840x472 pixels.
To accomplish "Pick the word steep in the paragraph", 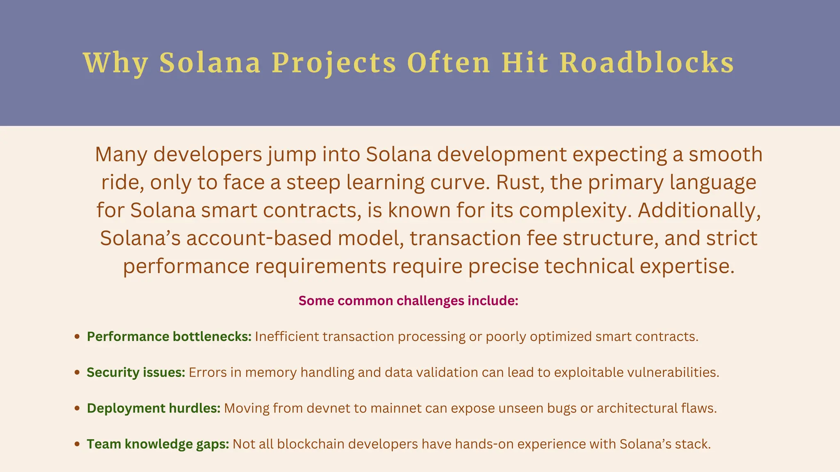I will pyautogui.click(x=313, y=182).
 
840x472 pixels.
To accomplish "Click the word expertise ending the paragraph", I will pyautogui.click(x=687, y=266).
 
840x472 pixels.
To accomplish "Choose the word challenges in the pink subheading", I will pyautogui.click(x=430, y=301).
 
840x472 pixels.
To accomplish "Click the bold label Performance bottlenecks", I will pyautogui.click(x=169, y=336).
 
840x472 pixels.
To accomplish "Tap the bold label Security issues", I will pyautogui.click(x=136, y=372).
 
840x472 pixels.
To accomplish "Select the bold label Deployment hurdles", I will pyautogui.click(x=153, y=408).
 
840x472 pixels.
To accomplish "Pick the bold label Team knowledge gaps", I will pyautogui.click(x=158, y=444).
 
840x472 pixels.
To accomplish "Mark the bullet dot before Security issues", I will pyautogui.click(x=77, y=372).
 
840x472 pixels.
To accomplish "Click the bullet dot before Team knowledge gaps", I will pyautogui.click(x=77, y=444).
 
